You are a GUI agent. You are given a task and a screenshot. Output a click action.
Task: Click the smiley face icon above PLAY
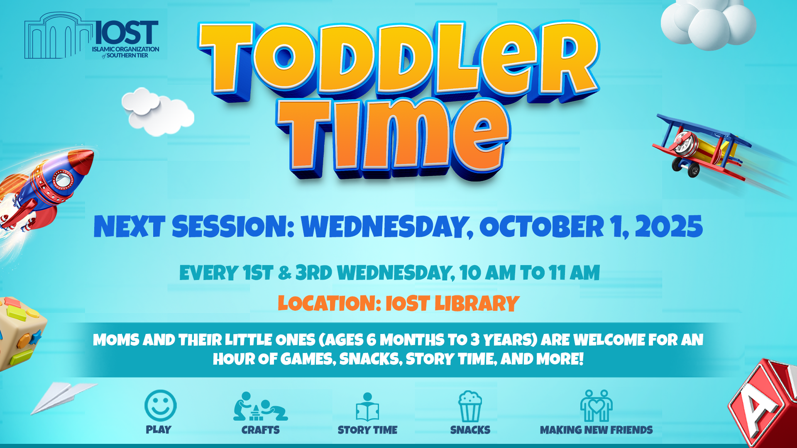click(x=161, y=405)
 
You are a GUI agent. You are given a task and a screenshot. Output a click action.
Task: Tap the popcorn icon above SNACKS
click(x=470, y=407)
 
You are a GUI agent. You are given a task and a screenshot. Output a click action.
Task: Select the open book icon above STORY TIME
click(x=367, y=407)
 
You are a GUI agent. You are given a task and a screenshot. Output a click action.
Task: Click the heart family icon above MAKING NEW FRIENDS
click(x=596, y=406)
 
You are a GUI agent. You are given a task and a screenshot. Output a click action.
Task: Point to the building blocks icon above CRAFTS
click(x=260, y=407)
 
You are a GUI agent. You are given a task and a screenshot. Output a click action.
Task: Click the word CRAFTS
click(x=261, y=430)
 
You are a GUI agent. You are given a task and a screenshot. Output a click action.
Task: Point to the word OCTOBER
click(x=542, y=227)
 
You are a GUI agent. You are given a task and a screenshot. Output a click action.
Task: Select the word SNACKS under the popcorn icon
click(x=470, y=430)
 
